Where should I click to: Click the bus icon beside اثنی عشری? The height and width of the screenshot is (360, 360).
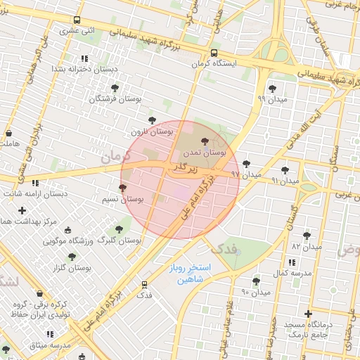tap(77, 20)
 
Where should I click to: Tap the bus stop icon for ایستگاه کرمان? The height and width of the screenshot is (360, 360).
tap(214, 52)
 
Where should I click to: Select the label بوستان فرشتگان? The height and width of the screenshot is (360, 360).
tap(115, 100)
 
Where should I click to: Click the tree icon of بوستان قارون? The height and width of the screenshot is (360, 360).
tap(152, 120)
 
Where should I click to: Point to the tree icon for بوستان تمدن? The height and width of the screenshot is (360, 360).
tap(205, 141)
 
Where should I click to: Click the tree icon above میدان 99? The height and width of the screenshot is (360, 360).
tap(272, 89)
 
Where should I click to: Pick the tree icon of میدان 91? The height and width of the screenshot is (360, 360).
tap(285, 170)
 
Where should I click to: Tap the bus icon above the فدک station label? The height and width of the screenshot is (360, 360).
tap(145, 285)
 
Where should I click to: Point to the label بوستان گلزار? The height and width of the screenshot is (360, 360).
tap(72, 269)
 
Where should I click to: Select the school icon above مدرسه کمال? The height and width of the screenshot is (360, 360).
tap(304, 262)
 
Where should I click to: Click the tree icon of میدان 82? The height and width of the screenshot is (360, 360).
tap(307, 236)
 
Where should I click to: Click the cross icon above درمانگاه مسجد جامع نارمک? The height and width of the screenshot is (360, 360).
tap(308, 314)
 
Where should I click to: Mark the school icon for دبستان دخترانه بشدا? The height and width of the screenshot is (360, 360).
tap(84, 58)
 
